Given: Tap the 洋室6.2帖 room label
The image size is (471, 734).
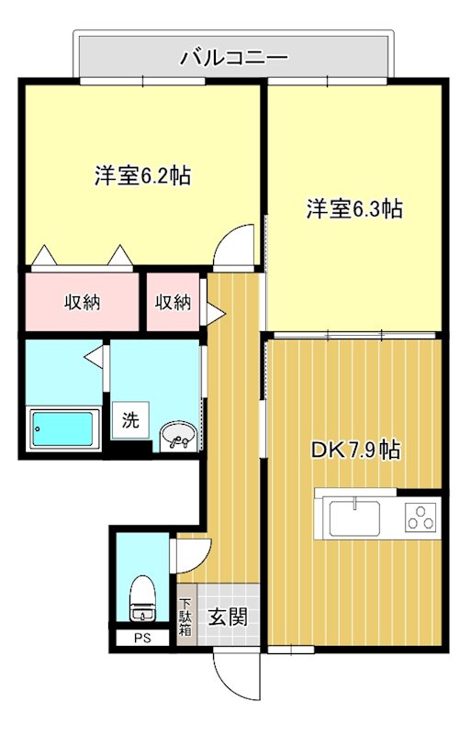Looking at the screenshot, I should (142, 176).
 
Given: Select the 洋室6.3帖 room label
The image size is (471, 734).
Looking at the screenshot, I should (353, 209).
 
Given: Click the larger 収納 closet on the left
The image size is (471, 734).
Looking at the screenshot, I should (82, 302).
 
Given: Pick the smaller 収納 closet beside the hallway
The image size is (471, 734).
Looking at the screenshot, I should (173, 302).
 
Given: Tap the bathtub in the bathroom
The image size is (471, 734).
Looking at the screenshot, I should (63, 428).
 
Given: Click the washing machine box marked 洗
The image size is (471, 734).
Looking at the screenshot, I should (131, 422).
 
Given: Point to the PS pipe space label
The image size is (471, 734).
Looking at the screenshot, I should (140, 638).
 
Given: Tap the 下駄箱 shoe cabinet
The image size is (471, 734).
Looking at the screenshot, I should (185, 617).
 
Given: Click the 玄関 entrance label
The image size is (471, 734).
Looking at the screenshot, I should (226, 617).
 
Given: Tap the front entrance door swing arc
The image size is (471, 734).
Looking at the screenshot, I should (230, 674).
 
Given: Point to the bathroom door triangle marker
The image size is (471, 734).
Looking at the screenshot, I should (95, 355).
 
